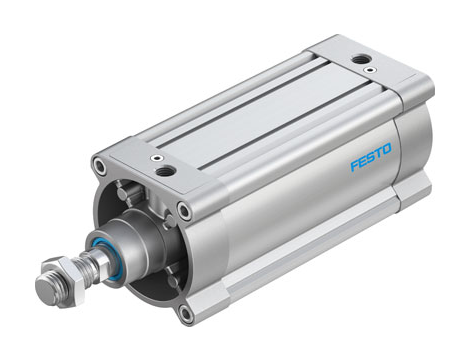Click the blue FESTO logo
click(x=371, y=158)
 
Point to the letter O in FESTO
click(x=387, y=152)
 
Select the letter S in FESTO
click(x=370, y=158)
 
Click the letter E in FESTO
click(x=362, y=161)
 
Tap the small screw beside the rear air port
click(x=371, y=71)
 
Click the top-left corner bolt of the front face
click(x=99, y=163)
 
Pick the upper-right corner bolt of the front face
click(x=183, y=210)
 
